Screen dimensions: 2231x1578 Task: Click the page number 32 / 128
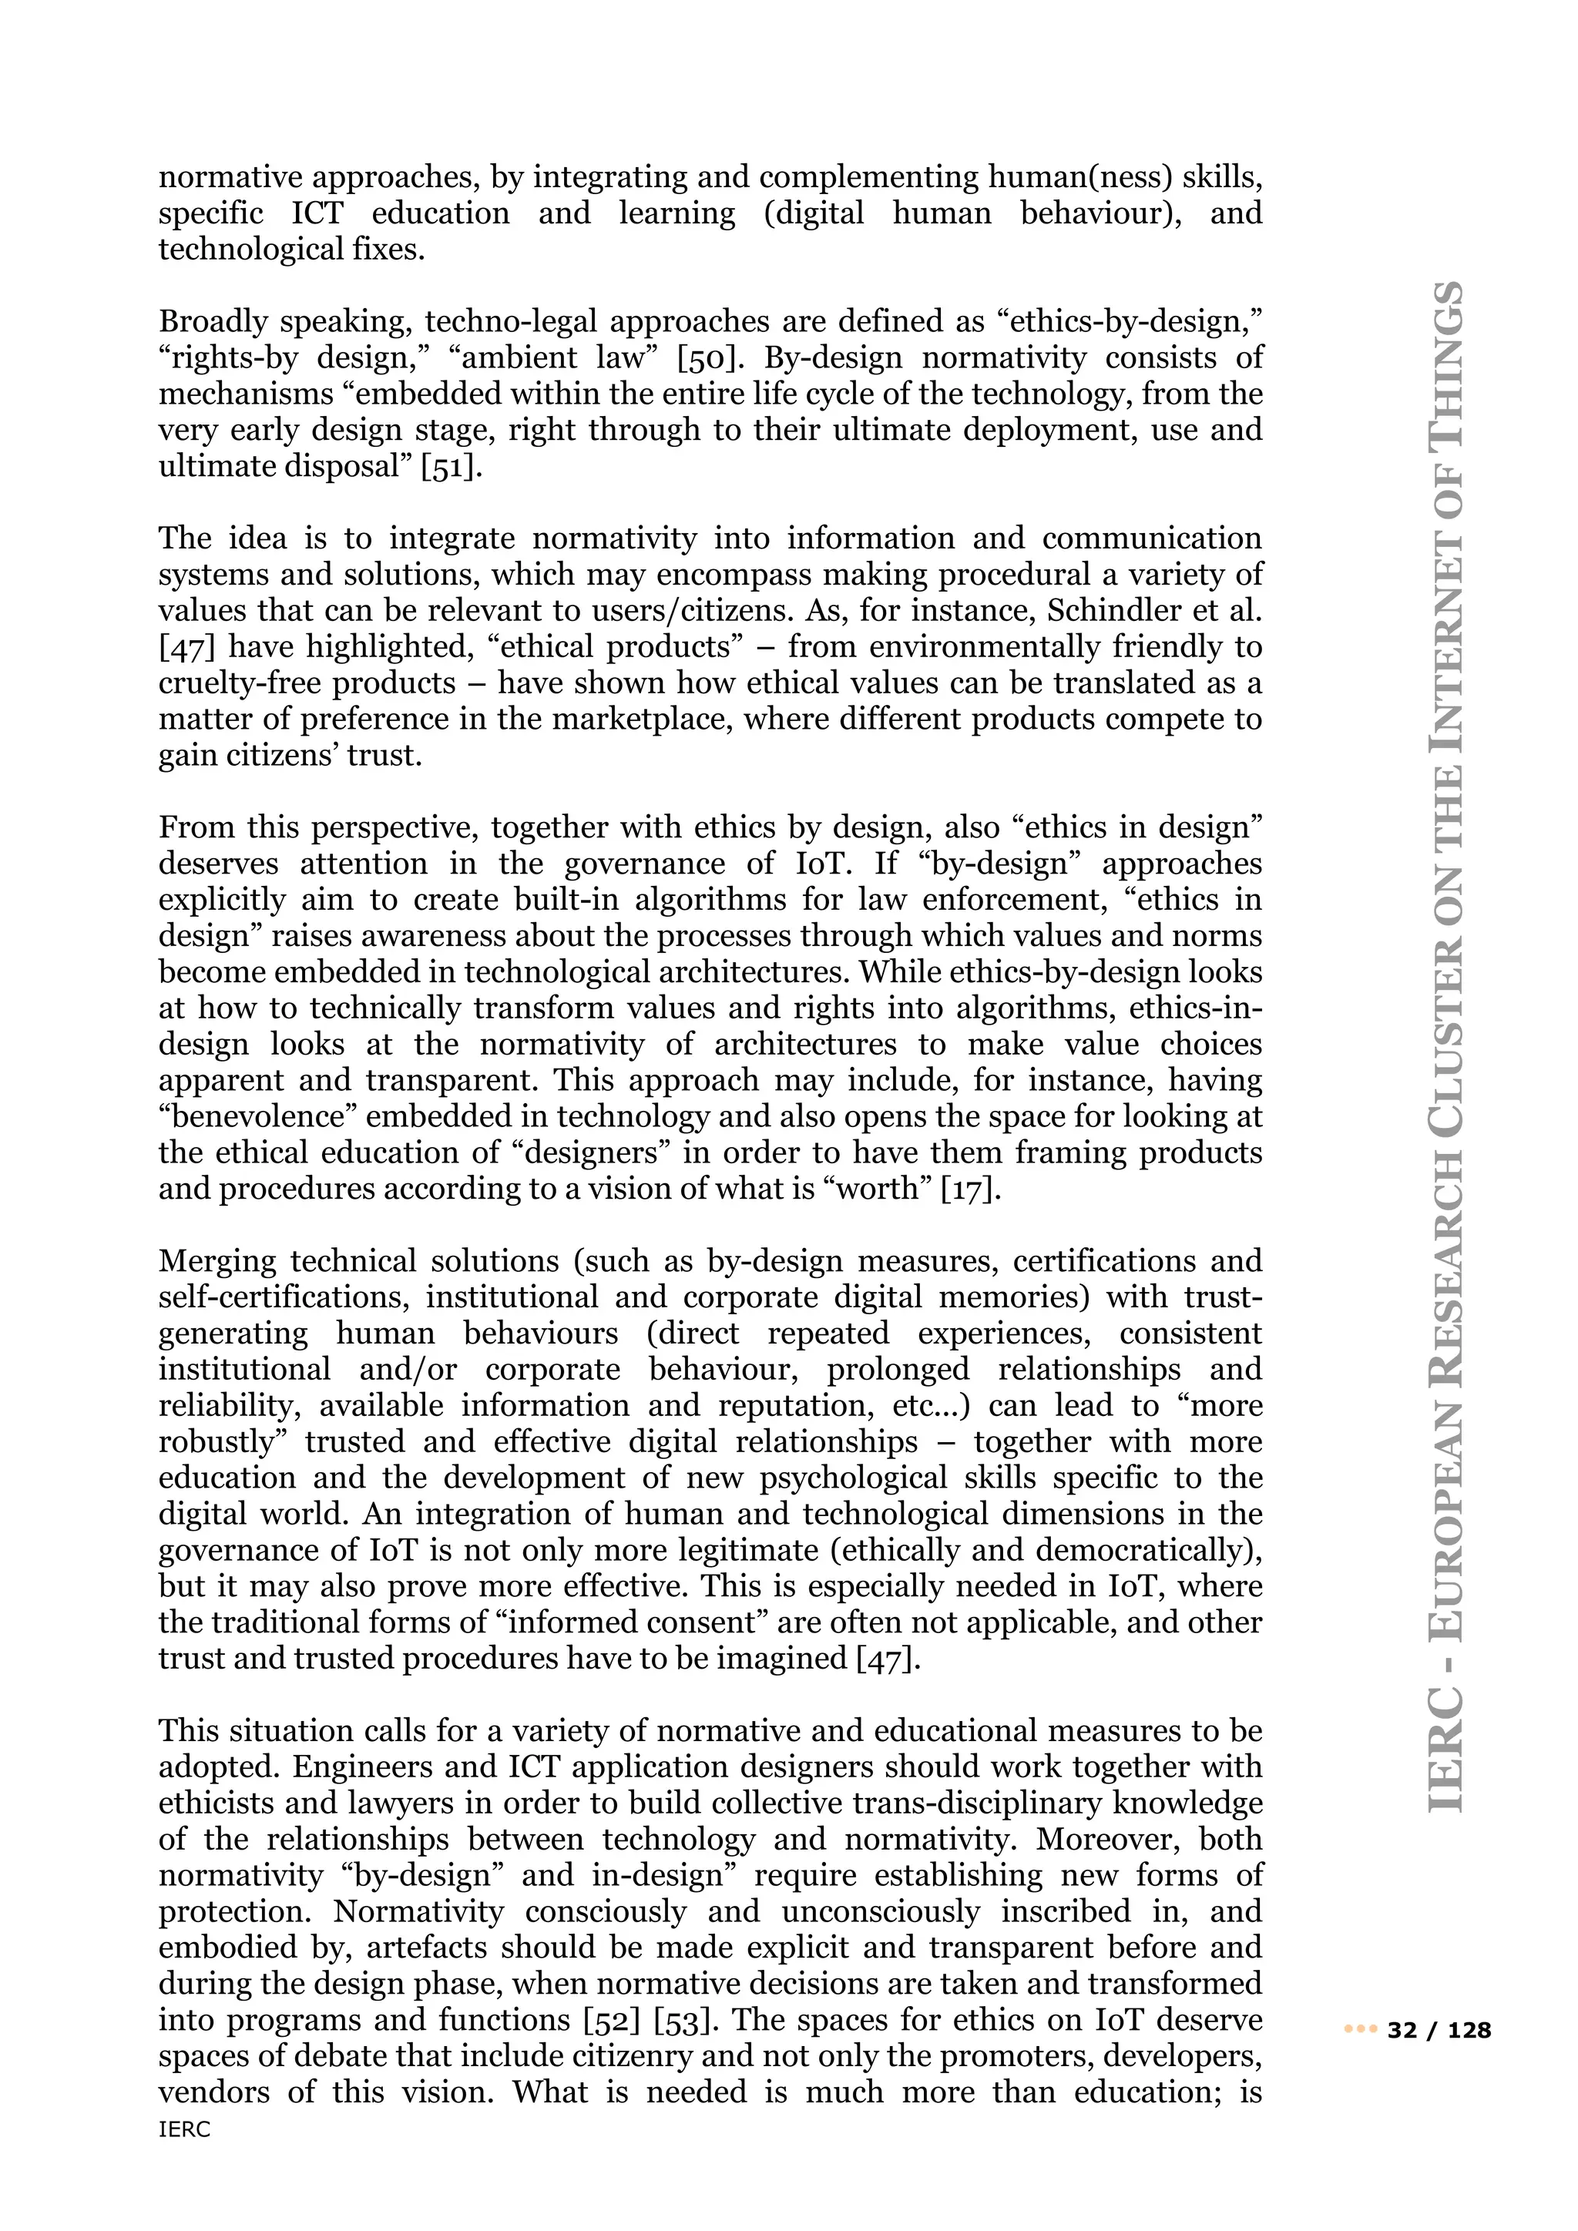click(x=1440, y=2030)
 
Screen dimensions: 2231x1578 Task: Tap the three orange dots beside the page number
click(x=1361, y=2030)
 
